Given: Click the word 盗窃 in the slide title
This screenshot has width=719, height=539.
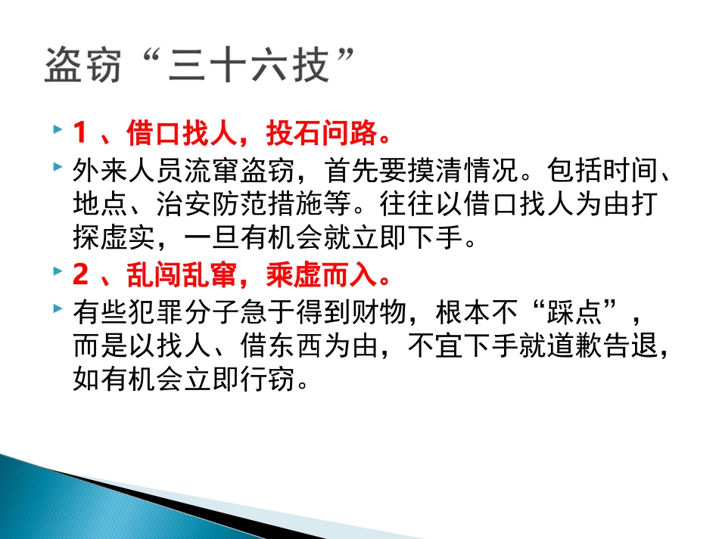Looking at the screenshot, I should click(x=84, y=66).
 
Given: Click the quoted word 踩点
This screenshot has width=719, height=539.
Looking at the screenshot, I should click(x=583, y=310).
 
